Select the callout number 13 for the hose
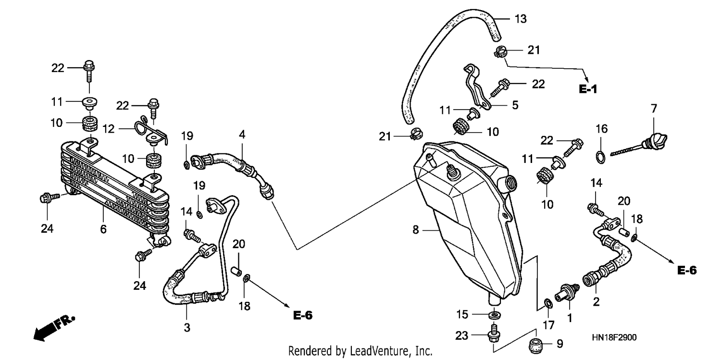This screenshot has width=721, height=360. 521,19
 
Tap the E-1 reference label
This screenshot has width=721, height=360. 588,89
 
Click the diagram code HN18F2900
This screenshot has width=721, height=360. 614,337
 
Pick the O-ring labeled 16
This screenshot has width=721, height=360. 601,157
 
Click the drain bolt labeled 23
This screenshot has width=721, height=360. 494,335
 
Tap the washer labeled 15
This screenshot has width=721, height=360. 495,314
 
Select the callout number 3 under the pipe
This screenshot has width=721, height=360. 187,327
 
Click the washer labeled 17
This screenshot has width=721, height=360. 548,303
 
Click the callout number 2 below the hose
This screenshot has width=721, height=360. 596,302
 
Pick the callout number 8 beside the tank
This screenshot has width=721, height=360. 416,230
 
